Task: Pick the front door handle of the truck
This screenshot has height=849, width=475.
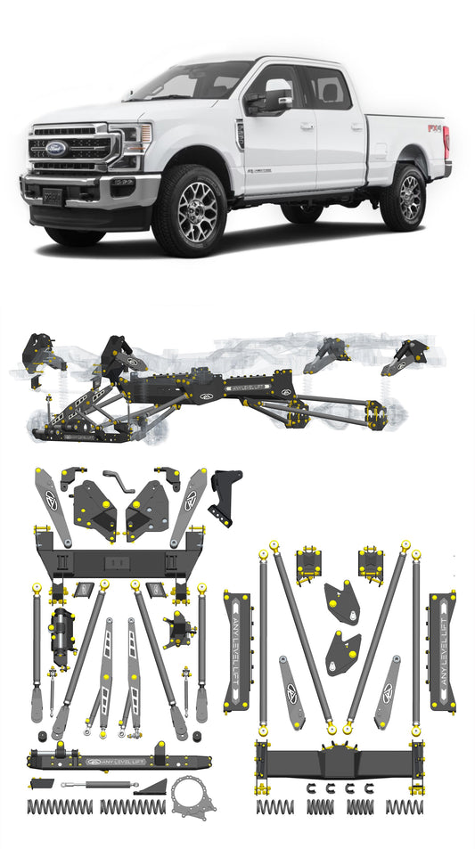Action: (x=307, y=127)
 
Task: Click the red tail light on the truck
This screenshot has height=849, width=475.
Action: (x=446, y=140)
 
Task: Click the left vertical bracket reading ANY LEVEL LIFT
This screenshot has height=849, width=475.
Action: (x=238, y=650)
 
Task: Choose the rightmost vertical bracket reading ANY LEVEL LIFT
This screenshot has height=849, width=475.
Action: (x=442, y=650)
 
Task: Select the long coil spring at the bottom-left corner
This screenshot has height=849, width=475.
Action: (x=60, y=806)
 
